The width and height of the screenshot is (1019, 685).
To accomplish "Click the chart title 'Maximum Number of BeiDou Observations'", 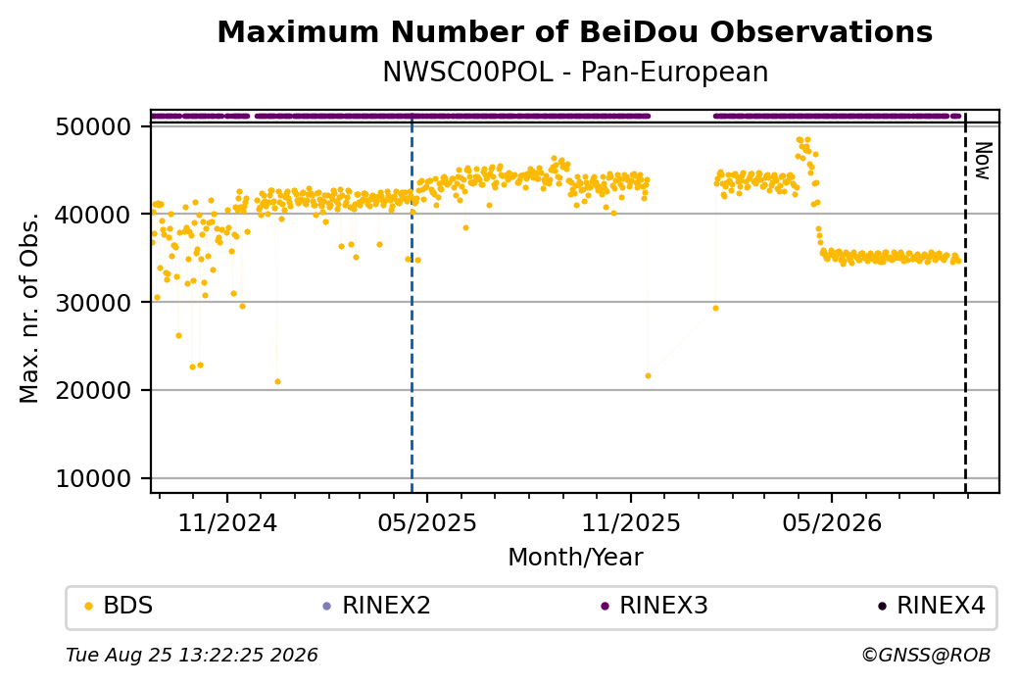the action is [574, 31].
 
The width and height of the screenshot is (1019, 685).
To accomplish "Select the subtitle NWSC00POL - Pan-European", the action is [575, 72].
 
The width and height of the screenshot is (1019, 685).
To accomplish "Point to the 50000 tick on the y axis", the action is [94, 126].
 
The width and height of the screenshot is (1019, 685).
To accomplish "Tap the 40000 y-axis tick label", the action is [94, 215].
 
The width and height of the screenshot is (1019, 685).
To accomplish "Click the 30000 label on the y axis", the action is [94, 303].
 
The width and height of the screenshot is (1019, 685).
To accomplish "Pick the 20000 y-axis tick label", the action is [94, 391].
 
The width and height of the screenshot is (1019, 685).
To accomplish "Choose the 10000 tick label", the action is [94, 479].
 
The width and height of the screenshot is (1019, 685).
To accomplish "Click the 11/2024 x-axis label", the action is [227, 522].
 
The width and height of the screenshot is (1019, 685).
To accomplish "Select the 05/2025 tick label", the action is [427, 522].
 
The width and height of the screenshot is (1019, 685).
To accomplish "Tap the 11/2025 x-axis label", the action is [630, 522].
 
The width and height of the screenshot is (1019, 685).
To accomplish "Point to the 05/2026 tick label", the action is [832, 522].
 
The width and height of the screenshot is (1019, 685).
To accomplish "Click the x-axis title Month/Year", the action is [575, 557].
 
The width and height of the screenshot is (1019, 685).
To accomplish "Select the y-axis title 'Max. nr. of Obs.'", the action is [29, 308].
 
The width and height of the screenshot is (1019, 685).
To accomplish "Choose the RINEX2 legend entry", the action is [377, 606].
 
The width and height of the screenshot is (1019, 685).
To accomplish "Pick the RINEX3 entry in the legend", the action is [655, 606].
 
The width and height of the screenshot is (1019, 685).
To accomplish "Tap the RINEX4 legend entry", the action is [932, 606].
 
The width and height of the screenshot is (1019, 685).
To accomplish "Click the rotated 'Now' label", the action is [984, 161].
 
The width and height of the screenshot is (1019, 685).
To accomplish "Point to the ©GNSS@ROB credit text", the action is [926, 655].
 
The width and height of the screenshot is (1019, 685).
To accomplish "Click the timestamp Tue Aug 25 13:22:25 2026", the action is [192, 655].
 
